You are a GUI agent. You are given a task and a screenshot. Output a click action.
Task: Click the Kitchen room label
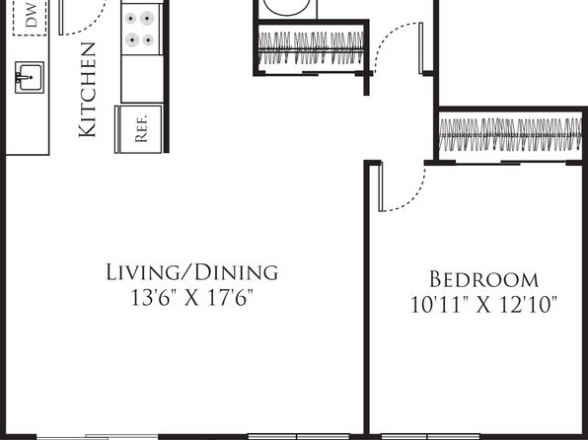click(88, 90)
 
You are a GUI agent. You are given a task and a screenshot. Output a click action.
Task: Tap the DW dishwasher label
click(32, 15)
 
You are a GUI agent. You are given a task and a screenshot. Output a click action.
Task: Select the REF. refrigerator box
click(139, 129)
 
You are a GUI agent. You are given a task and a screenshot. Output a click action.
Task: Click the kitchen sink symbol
click(30, 77)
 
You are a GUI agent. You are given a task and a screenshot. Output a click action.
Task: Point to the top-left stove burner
click(130, 19)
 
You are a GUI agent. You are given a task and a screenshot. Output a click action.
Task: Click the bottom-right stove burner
click(148, 39)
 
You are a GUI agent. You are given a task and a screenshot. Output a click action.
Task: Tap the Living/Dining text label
click(192, 272)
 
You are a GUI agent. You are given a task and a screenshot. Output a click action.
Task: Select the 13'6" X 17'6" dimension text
click(192, 298)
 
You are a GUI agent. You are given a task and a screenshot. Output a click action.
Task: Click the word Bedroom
click(483, 279)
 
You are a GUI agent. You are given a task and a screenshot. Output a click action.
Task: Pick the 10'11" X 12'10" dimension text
click(483, 304)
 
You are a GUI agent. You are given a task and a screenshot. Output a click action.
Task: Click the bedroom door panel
click(381, 186)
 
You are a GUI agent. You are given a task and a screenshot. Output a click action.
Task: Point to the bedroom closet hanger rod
click(510, 135)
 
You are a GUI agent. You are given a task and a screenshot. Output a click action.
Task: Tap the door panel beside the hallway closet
click(420, 48)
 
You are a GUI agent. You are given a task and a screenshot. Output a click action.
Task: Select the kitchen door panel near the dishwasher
click(61, 18)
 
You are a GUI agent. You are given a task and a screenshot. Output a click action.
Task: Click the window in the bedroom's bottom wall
click(430, 437)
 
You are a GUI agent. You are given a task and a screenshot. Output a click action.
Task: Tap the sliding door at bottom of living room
click(98, 437)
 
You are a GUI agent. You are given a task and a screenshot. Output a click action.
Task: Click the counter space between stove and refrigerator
click(142, 79)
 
